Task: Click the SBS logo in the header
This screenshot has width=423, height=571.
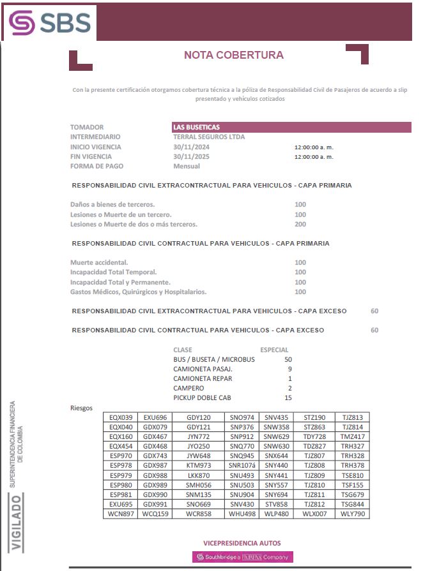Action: [x=50, y=22]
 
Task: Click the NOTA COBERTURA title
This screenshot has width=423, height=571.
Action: [x=233, y=56]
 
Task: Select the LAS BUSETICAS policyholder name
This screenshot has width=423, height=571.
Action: [x=196, y=127]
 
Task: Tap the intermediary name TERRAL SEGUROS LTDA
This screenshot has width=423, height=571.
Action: [x=209, y=137]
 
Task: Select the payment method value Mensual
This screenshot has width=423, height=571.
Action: [x=187, y=166]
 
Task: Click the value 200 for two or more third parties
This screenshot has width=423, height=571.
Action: [x=300, y=224]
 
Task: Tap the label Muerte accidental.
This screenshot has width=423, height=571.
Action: [x=99, y=262]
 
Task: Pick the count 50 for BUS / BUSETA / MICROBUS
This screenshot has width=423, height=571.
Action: [x=288, y=359]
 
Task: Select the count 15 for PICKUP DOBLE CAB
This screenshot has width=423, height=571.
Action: [x=288, y=397]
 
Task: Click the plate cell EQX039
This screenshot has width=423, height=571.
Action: [x=121, y=417]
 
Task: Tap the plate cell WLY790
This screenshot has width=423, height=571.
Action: [x=352, y=513]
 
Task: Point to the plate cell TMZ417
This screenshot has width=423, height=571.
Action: [x=352, y=436]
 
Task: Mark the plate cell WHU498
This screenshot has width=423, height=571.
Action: [x=242, y=513]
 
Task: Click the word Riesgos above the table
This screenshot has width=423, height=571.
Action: [x=81, y=408]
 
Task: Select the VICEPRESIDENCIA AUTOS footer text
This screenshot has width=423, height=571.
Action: [x=242, y=543]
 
